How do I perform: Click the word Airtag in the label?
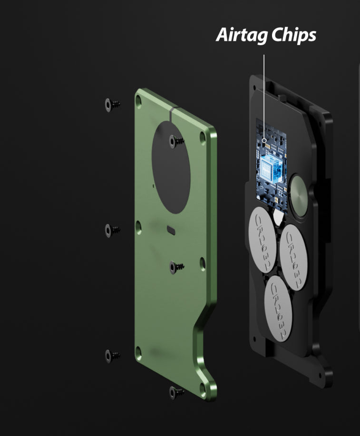coord(242,35)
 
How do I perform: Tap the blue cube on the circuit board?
coord(271,168)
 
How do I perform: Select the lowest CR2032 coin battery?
coord(278,309)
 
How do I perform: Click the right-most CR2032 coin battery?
coord(293,257)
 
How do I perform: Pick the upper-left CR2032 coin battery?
coord(263,240)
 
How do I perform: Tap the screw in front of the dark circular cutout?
coord(176,142)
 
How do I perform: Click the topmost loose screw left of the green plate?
coord(112,105)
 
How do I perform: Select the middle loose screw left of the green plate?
coord(112,231)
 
